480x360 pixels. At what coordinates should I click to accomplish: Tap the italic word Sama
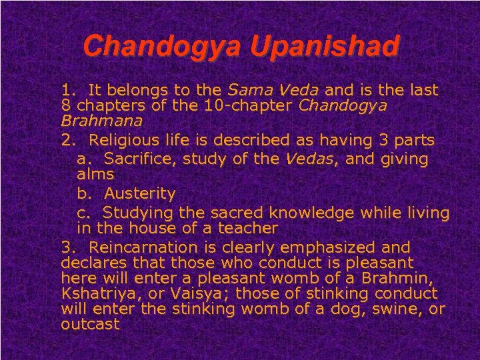pos(247,89)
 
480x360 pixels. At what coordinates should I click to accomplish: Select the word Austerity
pos(139,194)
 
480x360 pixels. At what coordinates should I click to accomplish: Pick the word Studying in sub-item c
pos(137,212)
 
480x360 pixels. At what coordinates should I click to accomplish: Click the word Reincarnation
pos(137,247)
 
